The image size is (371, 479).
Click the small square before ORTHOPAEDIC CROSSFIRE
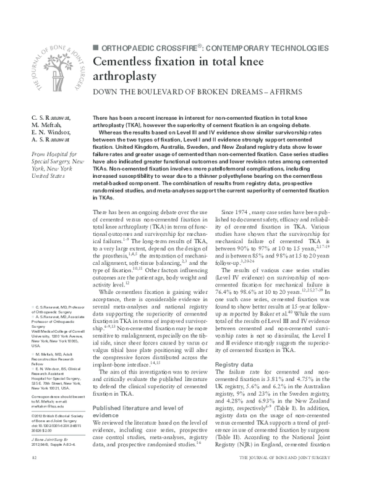95,47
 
